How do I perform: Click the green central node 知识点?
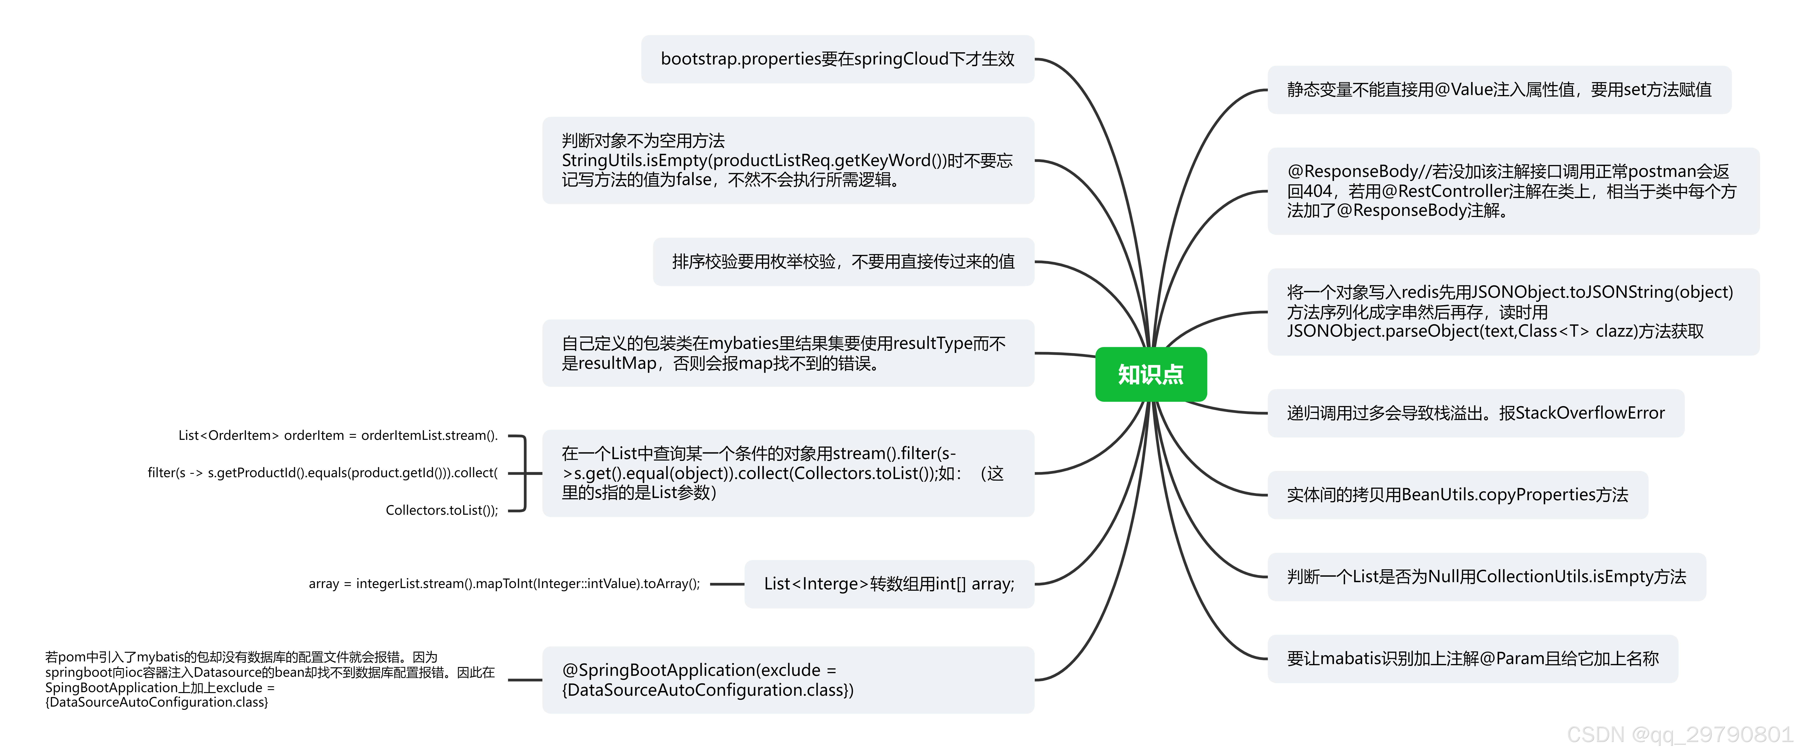tap(1151, 374)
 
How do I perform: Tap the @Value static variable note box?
tap(1499, 90)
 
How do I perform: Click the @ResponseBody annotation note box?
tap(1513, 191)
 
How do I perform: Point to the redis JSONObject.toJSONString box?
tap(1513, 311)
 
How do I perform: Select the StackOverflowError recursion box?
tap(1475, 413)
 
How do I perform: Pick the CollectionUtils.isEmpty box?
tap(1486, 577)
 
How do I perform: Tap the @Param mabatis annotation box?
tap(1472, 658)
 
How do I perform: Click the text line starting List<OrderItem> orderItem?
tap(338, 435)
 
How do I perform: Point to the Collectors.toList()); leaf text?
tap(442, 510)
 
